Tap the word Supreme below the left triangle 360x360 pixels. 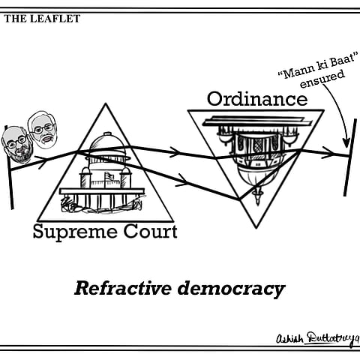pos(68,232)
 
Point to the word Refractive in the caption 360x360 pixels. pos(118,288)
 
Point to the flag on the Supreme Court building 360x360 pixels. pos(110,178)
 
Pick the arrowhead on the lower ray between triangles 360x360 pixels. pos(181,179)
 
